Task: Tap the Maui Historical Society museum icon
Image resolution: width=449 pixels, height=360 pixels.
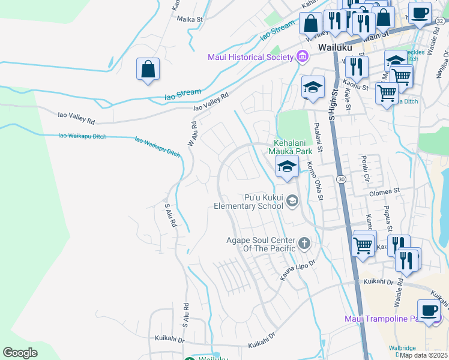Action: point(303,57)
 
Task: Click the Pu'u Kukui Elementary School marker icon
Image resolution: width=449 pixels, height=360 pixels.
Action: point(292,201)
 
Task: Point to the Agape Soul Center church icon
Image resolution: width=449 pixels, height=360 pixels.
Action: point(304,243)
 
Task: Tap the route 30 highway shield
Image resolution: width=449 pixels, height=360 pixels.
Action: point(341,179)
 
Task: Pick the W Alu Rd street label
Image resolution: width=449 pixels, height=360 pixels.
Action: point(193,133)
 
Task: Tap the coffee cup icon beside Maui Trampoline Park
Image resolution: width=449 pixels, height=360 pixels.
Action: point(429,311)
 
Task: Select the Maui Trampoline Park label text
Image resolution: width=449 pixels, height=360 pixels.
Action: point(384,319)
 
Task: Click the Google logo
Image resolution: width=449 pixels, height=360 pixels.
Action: point(20,353)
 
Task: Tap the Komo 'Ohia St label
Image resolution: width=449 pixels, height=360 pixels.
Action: point(315,181)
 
